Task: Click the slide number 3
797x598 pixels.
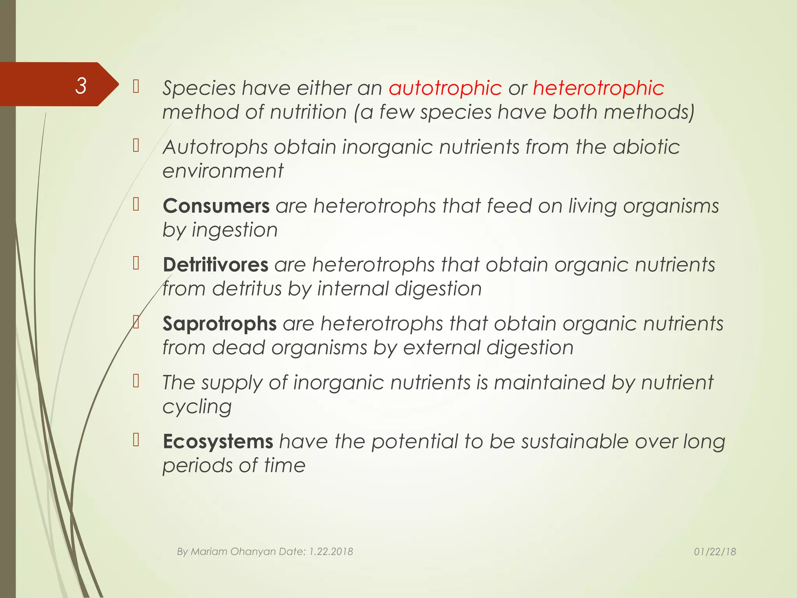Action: (81, 86)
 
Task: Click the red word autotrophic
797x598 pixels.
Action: (445, 88)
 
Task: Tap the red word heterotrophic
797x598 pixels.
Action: (599, 88)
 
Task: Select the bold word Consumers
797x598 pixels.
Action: (216, 206)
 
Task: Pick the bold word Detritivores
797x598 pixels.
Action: (215, 265)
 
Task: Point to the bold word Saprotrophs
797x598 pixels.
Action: (219, 324)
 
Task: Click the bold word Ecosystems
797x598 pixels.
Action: (218, 441)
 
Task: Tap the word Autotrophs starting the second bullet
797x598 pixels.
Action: (215, 147)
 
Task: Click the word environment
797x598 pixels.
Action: (223, 171)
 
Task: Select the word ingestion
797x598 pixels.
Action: (235, 230)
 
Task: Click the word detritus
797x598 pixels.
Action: (247, 289)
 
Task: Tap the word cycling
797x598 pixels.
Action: (197, 407)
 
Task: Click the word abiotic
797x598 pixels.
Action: (646, 147)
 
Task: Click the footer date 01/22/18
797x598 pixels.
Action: (715, 552)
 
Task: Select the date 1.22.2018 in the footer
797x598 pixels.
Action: (331, 552)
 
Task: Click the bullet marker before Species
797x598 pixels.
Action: (136, 86)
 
